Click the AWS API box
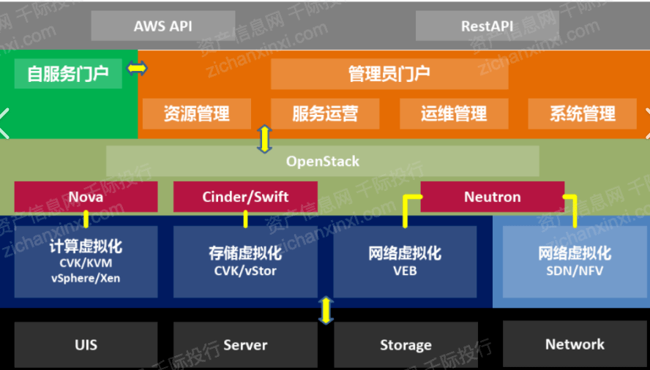coord(163,26)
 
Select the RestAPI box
coord(487,26)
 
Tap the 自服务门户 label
coord(68,74)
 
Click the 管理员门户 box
coord(389,74)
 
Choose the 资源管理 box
coord(196,113)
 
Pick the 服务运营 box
coord(325,113)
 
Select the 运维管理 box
coord(454,113)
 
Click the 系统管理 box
coord(583,113)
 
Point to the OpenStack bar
coord(323,161)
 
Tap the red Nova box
coord(86,197)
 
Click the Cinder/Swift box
coord(245,197)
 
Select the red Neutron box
coord(493,197)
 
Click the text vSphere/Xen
coord(86,278)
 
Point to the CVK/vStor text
coord(245,271)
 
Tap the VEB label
coord(405,271)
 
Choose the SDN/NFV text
coord(575,271)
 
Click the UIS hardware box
coord(86,344)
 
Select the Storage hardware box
coord(406,344)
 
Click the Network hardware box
coord(575,344)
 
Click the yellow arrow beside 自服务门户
coord(137,68)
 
